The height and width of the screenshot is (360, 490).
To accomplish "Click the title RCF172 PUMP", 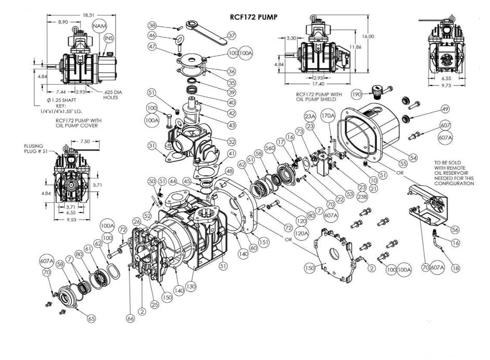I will click(254, 17).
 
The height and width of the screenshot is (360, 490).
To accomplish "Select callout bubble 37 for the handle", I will click(232, 35).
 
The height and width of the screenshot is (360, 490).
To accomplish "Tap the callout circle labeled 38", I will click(152, 25).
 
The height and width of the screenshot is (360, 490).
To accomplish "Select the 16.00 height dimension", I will click(368, 36).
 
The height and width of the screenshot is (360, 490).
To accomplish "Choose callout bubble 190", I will click(356, 94).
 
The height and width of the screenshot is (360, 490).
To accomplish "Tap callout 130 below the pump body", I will click(192, 286).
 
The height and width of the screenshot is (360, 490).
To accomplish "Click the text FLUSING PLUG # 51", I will click(37, 149).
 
